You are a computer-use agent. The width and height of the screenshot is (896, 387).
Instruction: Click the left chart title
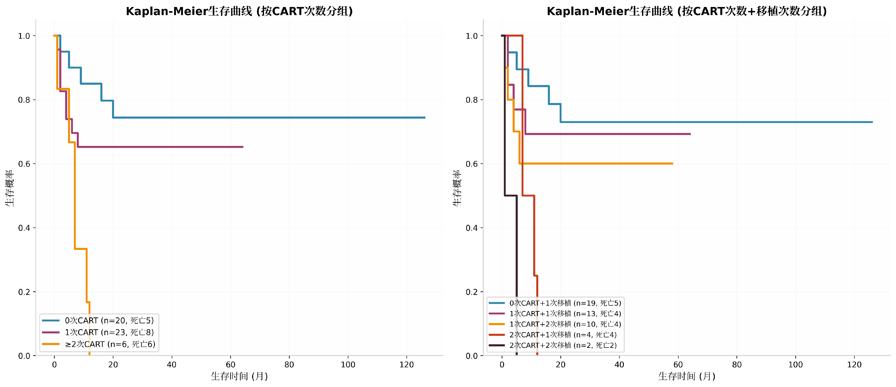point(239,11)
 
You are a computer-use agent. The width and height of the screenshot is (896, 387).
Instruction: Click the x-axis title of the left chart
point(239,376)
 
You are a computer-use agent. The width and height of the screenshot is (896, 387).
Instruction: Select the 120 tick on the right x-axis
point(854,364)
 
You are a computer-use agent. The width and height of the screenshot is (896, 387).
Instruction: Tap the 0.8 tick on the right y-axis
point(472,100)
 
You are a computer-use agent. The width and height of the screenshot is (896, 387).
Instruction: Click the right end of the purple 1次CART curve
point(243,147)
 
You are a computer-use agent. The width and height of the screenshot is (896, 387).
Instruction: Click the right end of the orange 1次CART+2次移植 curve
point(672,163)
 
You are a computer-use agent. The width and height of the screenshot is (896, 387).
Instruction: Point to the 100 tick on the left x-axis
point(348,364)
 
